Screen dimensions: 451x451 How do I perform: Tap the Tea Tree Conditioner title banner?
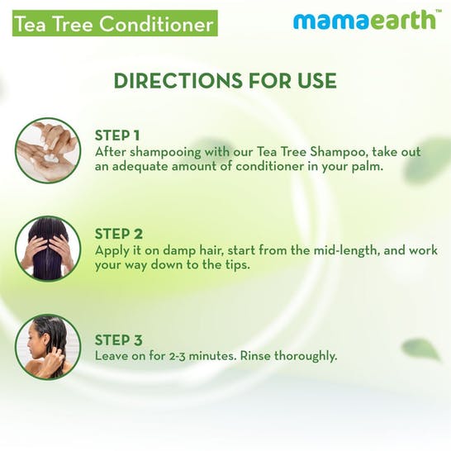pyautogui.click(x=112, y=24)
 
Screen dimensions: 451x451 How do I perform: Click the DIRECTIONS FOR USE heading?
pyautogui.click(x=225, y=81)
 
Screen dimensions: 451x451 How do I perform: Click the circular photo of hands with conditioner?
pyautogui.click(x=48, y=150)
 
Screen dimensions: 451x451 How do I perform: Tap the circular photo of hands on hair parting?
pyautogui.click(x=48, y=248)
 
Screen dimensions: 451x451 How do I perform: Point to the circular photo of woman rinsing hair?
pyautogui.click(x=48, y=346)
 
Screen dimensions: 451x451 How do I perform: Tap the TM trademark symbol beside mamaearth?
pyautogui.click(x=437, y=12)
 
